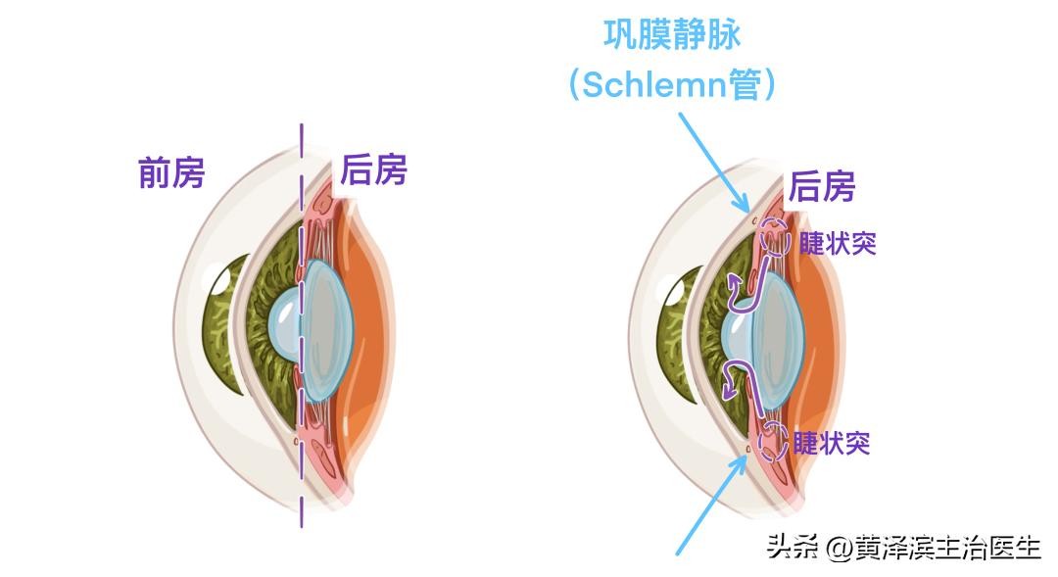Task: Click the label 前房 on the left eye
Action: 172,173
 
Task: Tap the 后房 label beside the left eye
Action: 373,171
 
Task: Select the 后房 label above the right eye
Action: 822,185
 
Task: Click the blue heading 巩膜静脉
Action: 672,35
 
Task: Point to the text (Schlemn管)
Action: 672,84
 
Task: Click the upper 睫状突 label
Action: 837,244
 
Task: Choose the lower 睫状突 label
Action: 832,443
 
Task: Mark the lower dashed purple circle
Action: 772,443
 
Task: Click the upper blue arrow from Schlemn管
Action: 714,162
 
